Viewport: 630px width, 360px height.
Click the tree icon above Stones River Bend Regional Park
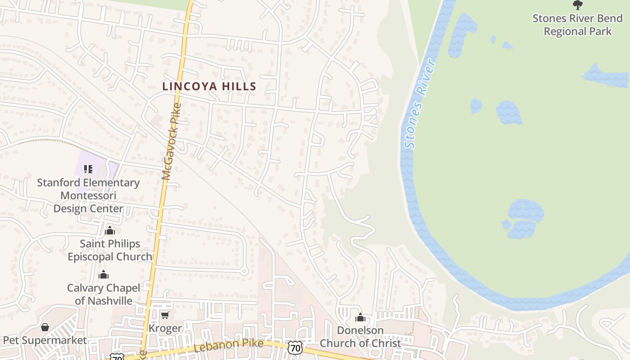[x=578, y=5]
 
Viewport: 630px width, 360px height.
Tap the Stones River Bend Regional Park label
[x=578, y=25]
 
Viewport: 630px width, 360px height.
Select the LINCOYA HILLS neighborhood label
[x=209, y=86]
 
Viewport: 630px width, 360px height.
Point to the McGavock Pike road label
[x=172, y=142]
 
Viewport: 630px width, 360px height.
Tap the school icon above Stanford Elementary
[x=88, y=169]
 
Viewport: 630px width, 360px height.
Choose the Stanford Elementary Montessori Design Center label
[x=88, y=196]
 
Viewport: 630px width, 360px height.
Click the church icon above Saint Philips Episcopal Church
[x=110, y=231]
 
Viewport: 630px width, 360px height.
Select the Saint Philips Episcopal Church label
[x=110, y=250]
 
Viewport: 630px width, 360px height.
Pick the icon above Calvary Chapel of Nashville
[x=104, y=274]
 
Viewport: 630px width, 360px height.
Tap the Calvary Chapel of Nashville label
[x=103, y=294]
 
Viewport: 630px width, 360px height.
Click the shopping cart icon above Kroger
[x=165, y=315]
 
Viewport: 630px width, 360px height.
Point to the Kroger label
[x=165, y=328]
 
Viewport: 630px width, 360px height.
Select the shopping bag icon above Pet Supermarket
[x=45, y=327]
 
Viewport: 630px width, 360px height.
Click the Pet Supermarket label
[x=45, y=340]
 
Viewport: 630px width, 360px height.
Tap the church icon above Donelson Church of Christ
[x=360, y=318]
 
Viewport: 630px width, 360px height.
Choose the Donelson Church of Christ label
[x=360, y=337]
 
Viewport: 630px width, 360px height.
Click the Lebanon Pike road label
[x=229, y=346]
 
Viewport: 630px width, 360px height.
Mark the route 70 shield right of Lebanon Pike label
[x=295, y=347]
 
